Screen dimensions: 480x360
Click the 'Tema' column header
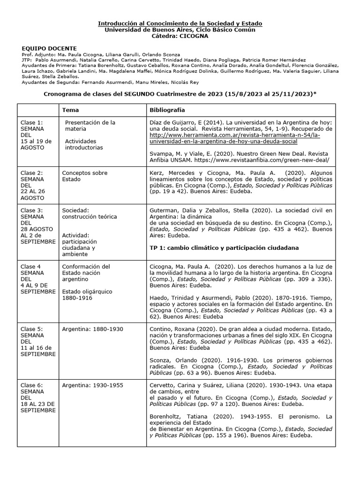click(x=70, y=110)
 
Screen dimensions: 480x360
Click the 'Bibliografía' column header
click(x=167, y=110)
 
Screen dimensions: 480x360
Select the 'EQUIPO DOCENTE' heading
click(x=49, y=48)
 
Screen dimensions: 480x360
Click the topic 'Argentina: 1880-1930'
click(x=92, y=329)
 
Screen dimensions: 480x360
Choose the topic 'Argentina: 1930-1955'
click(x=92, y=385)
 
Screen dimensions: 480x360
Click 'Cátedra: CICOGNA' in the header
click(x=180, y=36)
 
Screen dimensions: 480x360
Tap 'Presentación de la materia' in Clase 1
click(x=90, y=125)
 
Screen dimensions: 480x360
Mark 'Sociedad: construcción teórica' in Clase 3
click(x=89, y=213)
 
